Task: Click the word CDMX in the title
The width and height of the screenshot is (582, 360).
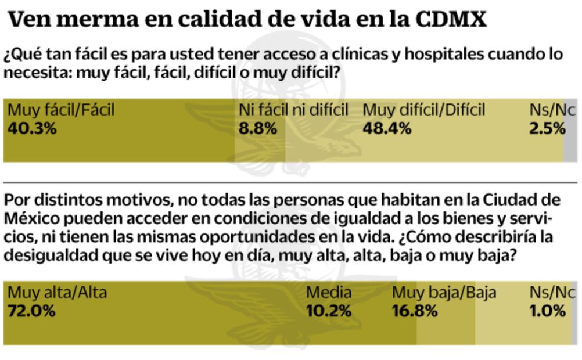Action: [451, 20]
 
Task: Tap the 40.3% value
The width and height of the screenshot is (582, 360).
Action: [32, 128]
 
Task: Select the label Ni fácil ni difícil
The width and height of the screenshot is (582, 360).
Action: [293, 109]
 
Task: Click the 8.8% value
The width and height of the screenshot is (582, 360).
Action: [258, 128]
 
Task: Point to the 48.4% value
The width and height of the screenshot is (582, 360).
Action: [387, 128]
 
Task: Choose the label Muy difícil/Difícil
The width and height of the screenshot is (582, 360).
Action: [423, 109]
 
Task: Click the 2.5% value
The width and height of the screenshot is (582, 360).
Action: [547, 128]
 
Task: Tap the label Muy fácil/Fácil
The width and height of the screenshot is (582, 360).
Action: [61, 109]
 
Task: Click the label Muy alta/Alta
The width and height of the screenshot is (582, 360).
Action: [57, 292]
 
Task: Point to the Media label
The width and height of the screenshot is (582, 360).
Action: [329, 292]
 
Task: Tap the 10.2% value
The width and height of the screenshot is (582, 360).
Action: [329, 311]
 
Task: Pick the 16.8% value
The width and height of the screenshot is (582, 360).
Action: [415, 311]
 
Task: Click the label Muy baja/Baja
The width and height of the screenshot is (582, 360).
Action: [444, 292]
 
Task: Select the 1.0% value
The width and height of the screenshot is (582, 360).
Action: [547, 311]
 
